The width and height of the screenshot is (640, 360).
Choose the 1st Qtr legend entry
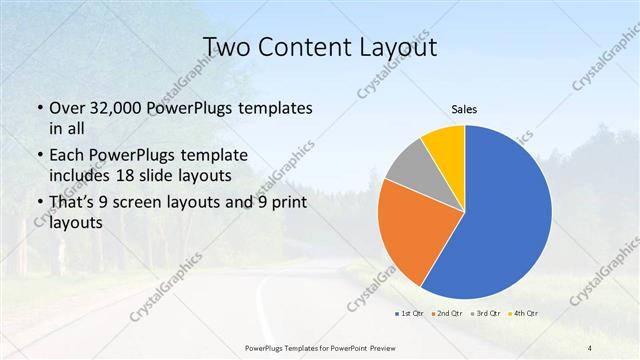click(x=409, y=315)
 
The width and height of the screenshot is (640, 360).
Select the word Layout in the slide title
click(x=399, y=47)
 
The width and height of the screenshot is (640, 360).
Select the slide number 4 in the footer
click(x=590, y=347)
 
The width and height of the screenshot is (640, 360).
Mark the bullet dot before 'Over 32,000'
click(x=38, y=108)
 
